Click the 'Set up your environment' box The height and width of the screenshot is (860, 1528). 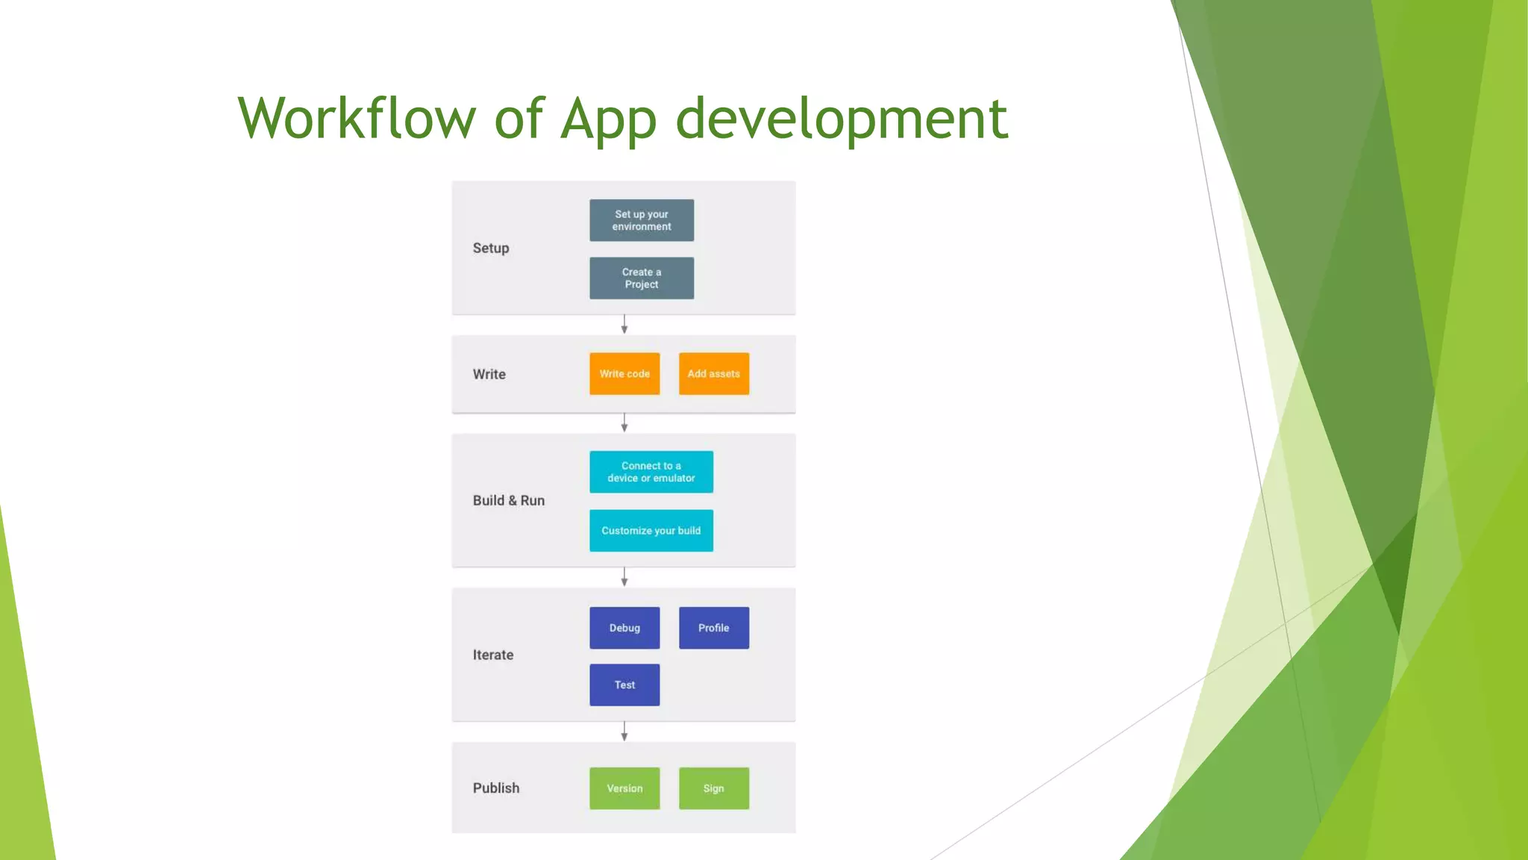(x=642, y=220)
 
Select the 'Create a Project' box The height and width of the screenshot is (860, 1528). (x=642, y=278)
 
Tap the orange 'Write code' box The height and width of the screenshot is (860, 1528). (x=624, y=374)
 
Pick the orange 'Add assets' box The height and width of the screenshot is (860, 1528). (x=714, y=374)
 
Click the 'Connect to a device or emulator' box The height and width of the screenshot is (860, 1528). (x=651, y=472)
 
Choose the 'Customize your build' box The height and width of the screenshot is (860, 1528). (x=651, y=531)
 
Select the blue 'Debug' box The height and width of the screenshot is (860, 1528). (x=624, y=628)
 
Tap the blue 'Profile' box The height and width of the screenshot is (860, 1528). (x=714, y=628)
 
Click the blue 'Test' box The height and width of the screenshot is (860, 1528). (x=624, y=685)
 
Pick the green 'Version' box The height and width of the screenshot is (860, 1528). (x=624, y=788)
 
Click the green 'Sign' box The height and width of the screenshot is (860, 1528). (x=714, y=788)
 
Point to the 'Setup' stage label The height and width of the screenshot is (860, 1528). (x=491, y=249)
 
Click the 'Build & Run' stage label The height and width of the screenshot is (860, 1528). (x=509, y=501)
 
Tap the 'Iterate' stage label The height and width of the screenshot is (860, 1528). (x=493, y=655)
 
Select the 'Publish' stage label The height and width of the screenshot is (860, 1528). (x=496, y=788)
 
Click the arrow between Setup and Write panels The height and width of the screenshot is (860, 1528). (x=624, y=325)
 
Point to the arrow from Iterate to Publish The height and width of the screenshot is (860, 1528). (x=624, y=732)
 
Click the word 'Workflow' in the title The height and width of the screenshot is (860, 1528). (x=357, y=119)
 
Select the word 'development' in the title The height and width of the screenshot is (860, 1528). (x=842, y=119)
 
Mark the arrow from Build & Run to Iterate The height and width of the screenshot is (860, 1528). (x=624, y=577)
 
